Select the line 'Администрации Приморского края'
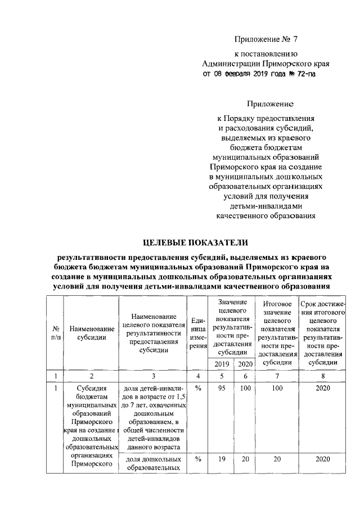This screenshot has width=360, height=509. pos(265,64)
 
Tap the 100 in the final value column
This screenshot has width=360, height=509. pos(277,388)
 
